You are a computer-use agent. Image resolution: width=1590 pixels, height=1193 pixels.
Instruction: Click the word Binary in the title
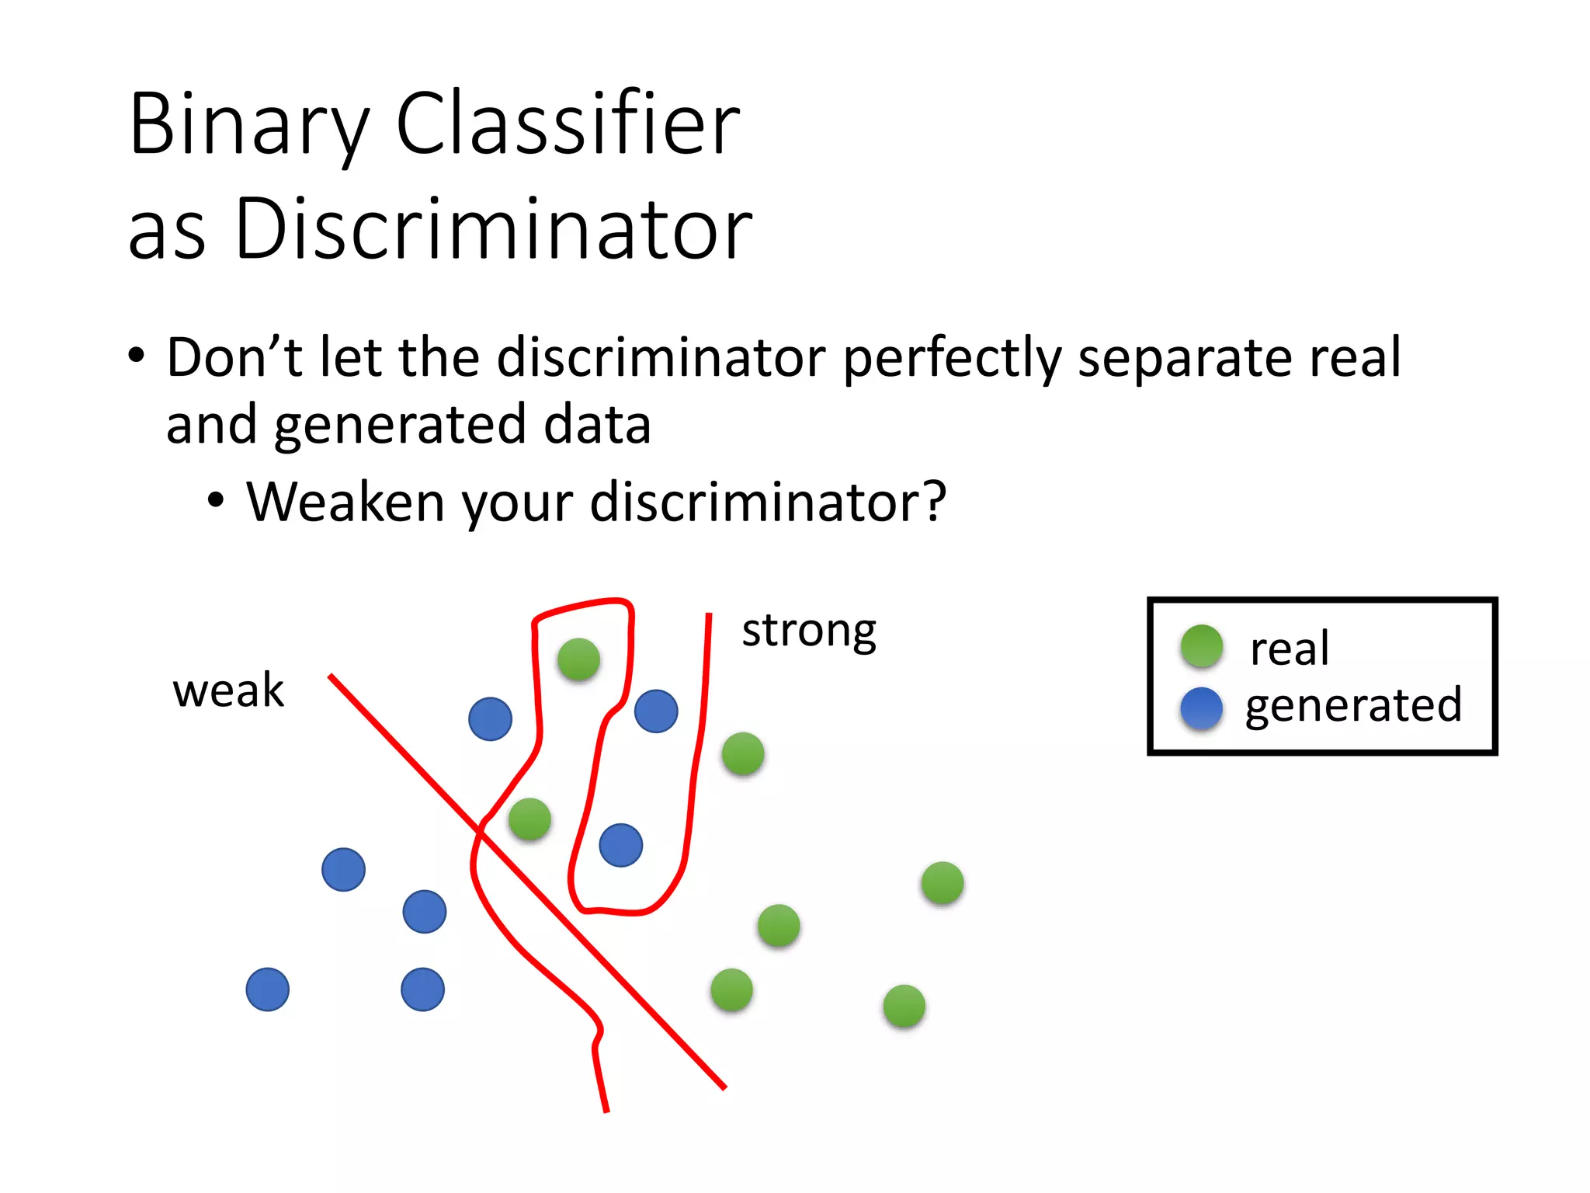tap(248, 124)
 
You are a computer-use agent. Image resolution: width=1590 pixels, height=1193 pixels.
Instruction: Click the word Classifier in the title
tap(568, 124)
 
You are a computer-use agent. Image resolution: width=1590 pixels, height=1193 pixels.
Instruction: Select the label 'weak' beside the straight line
tap(228, 690)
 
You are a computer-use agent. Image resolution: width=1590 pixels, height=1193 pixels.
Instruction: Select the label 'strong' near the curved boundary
tap(808, 631)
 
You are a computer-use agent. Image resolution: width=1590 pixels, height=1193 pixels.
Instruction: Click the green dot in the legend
tap(1201, 646)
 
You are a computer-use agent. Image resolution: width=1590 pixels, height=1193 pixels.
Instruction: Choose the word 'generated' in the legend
tap(1353, 705)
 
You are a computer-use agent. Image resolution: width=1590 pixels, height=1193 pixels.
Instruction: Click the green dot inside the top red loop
tap(578, 659)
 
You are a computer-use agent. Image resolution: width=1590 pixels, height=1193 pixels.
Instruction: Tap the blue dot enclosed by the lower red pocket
tap(621, 845)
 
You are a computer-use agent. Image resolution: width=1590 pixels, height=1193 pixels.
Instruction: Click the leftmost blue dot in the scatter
tap(268, 990)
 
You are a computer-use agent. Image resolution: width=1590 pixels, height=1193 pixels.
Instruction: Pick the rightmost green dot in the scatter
tap(943, 883)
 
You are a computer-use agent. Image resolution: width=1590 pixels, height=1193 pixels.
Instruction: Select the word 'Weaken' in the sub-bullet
tap(345, 502)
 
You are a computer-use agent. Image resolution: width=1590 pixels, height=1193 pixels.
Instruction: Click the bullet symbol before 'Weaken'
tap(216, 501)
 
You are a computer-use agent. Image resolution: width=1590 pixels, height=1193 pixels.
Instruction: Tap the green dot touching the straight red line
tap(530, 819)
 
